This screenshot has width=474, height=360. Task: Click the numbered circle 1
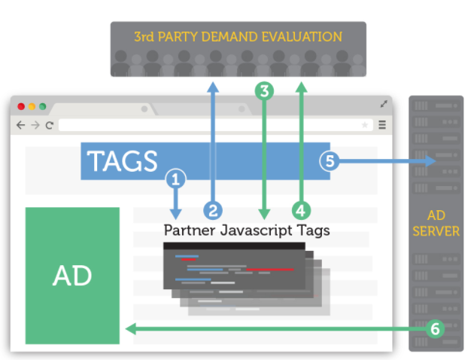pos(175,179)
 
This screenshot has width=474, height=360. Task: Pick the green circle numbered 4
pos(301,209)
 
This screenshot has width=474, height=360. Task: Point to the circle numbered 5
pos(329,160)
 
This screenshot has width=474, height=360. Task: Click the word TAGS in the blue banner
pos(122,161)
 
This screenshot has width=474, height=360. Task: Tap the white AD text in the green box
pos(72,276)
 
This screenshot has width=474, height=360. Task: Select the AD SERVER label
pos(437,224)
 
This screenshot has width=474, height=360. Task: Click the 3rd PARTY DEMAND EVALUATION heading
pos(238,37)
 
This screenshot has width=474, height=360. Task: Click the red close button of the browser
pos(22,107)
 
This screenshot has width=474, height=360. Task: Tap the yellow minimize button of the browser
pos(32,107)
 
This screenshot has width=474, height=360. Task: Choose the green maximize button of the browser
pos(43,107)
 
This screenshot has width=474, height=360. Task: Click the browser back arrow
pos(21,125)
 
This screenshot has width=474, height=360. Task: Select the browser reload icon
pos(49,125)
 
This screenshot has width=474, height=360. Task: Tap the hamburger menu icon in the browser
pos(382,125)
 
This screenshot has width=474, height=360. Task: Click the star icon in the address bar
pos(366,125)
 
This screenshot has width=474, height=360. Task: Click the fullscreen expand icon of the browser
pos(384,104)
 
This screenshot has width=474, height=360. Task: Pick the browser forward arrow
pos(35,125)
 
